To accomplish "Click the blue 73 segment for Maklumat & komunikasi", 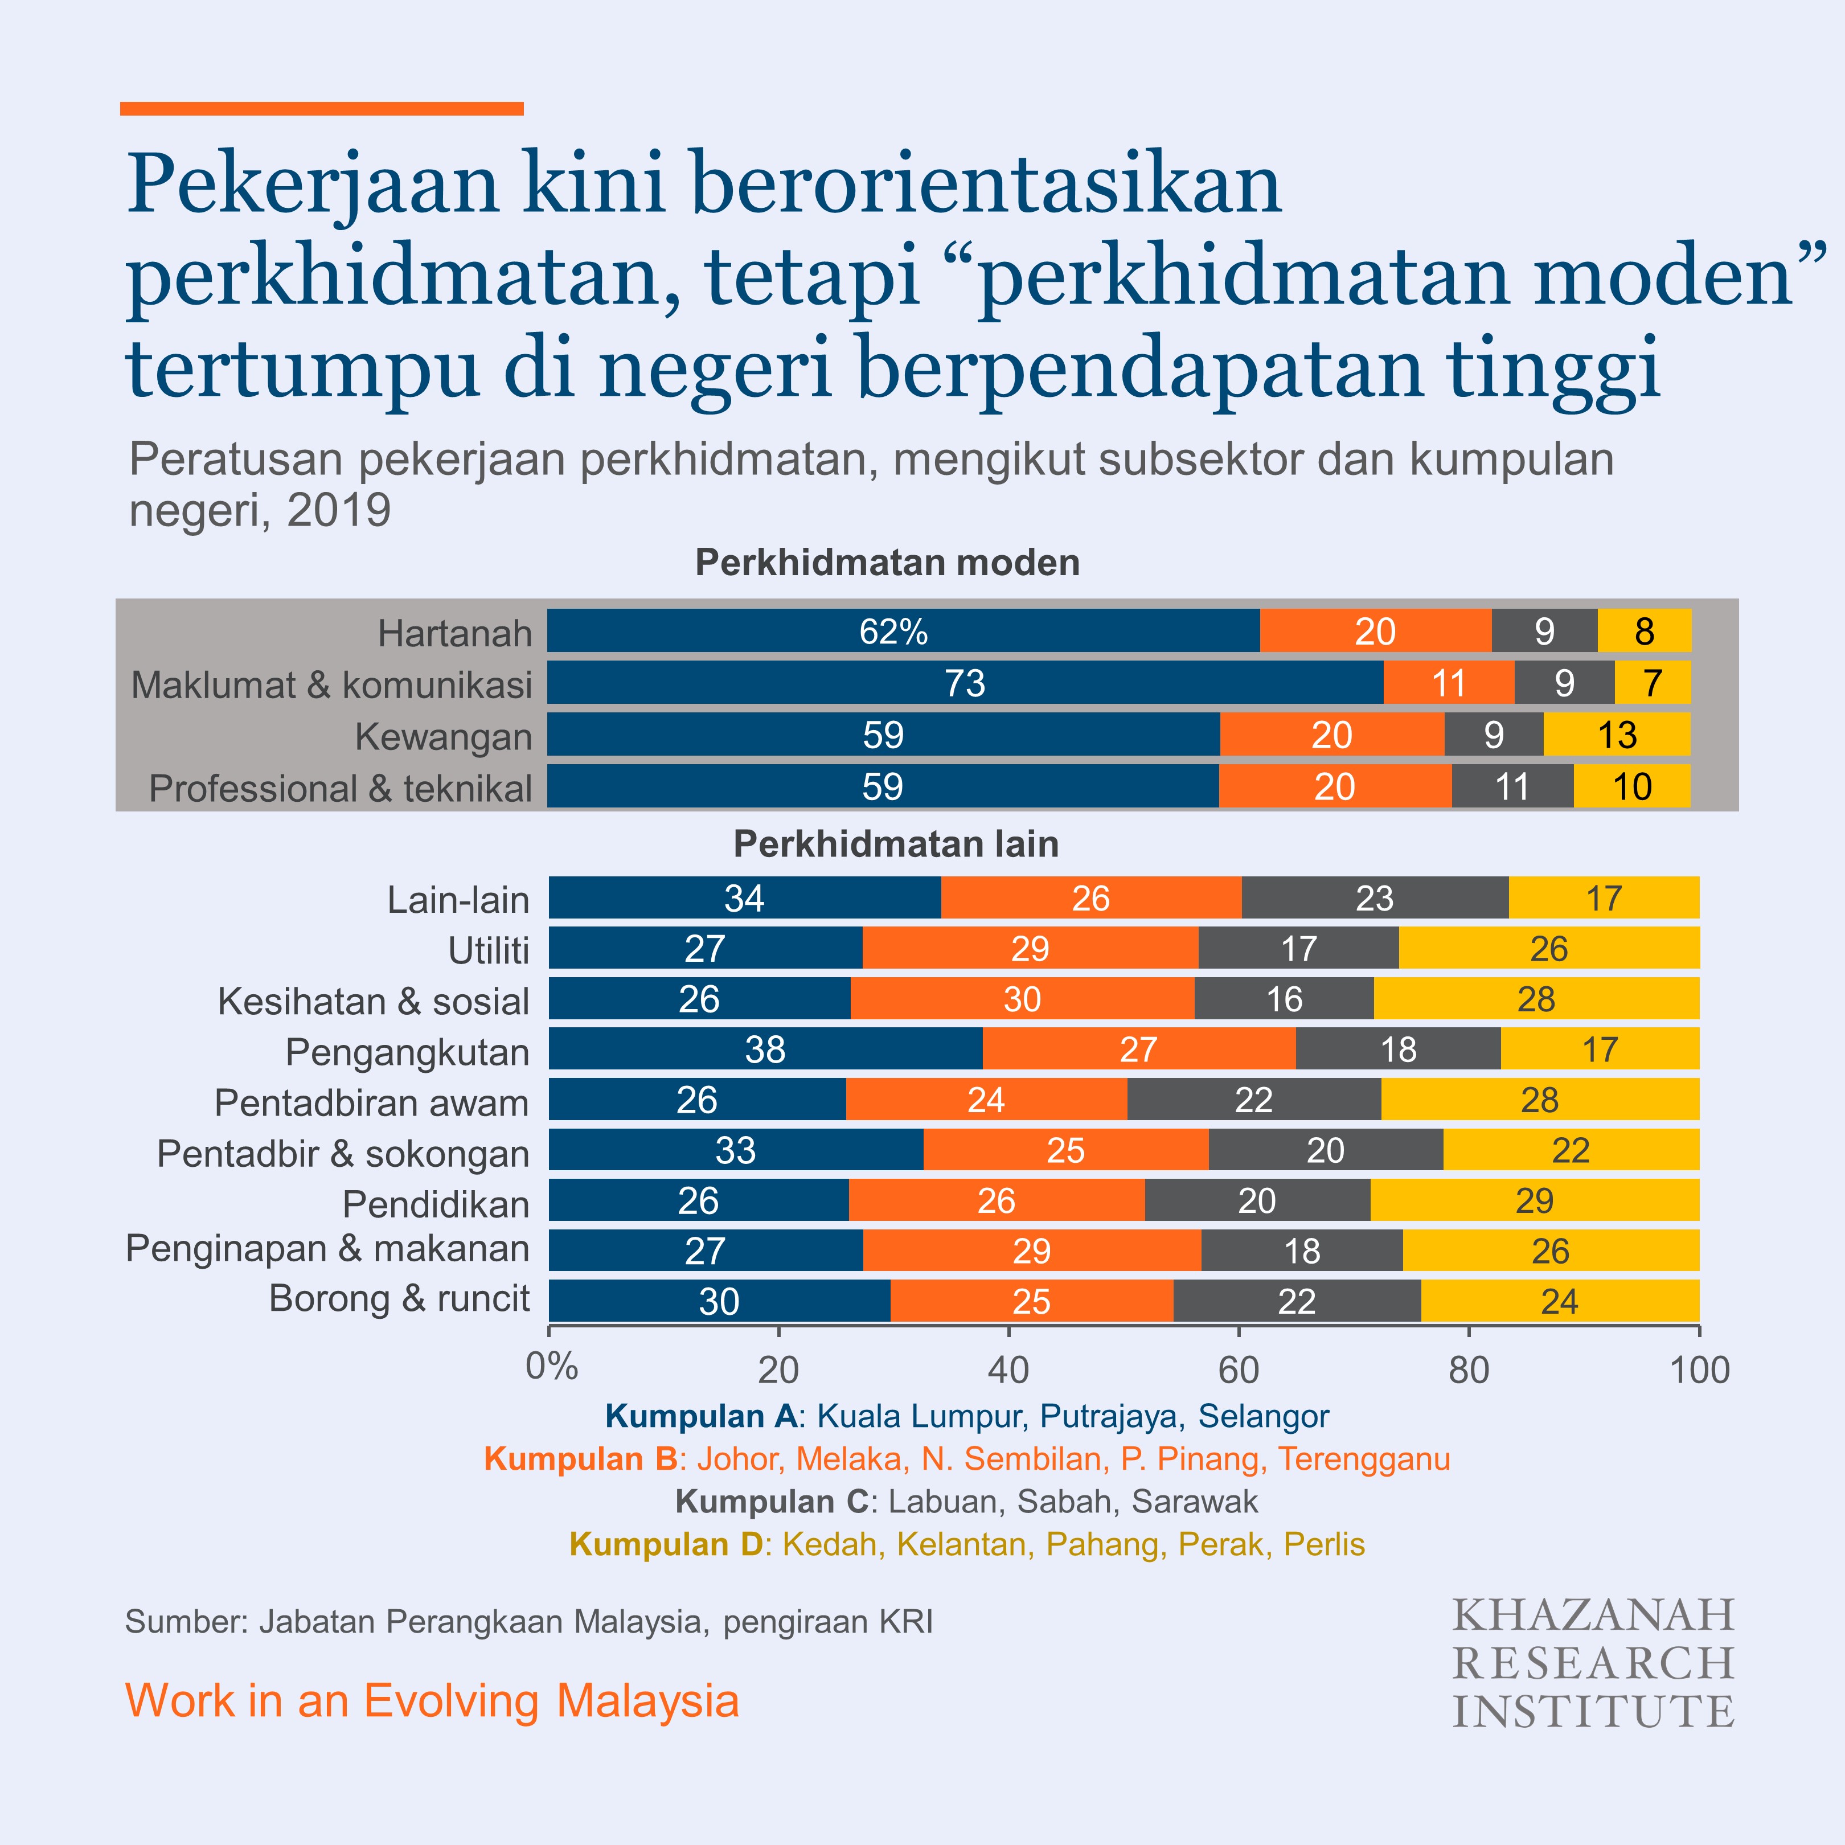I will (x=965, y=683).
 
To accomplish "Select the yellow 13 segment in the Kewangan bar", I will (x=1616, y=735).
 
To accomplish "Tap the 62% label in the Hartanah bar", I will (x=893, y=632).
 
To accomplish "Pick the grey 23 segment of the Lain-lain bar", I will (x=1374, y=897).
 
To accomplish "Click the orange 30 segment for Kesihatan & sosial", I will (x=1021, y=999).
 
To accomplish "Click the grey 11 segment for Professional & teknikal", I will (x=1512, y=786).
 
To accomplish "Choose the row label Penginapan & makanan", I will (x=327, y=1248).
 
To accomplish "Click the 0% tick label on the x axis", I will (x=551, y=1367).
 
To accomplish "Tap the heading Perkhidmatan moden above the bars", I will (x=887, y=563).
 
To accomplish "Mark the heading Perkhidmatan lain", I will (x=896, y=844).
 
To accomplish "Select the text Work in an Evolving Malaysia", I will (x=432, y=1701).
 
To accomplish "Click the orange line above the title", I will (x=322, y=109).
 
